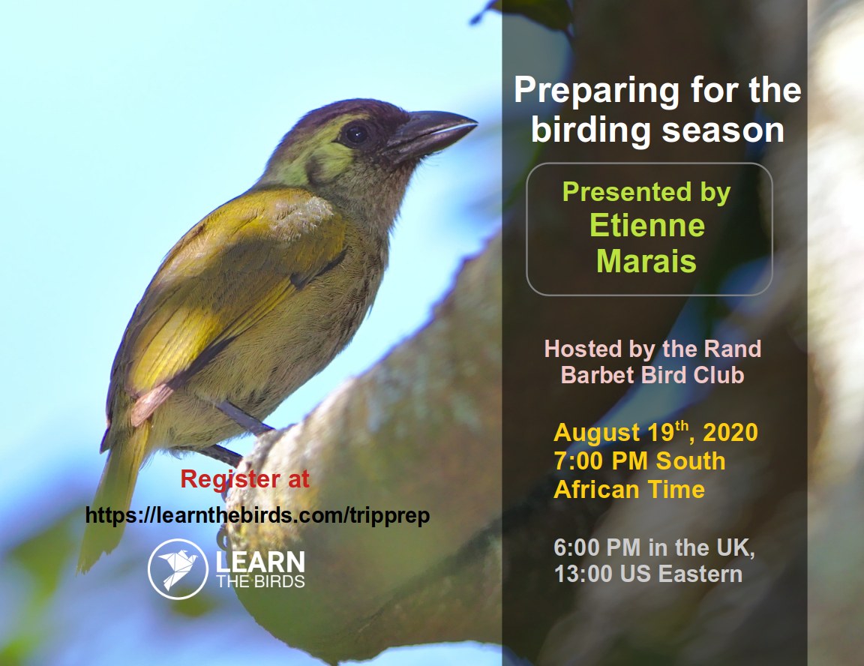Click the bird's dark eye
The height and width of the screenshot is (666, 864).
[x=356, y=133]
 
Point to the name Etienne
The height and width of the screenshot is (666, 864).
[x=647, y=225]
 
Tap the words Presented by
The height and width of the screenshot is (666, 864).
[x=646, y=192]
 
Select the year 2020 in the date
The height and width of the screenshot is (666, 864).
[x=730, y=433]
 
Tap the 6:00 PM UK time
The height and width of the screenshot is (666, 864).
[x=597, y=547]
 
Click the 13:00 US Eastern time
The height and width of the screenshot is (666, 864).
[x=648, y=574]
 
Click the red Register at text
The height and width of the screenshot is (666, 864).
[x=245, y=479]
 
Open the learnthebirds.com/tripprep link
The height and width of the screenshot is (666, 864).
[x=257, y=515]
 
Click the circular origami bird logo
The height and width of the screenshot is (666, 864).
[x=178, y=568]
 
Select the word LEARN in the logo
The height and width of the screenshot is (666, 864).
[x=259, y=562]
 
